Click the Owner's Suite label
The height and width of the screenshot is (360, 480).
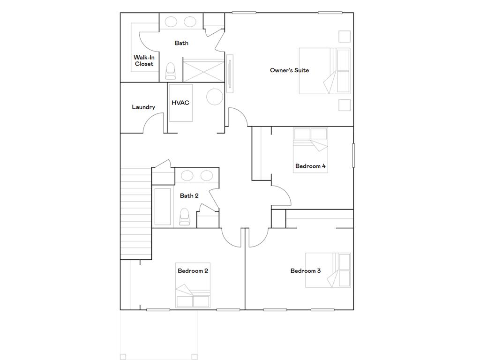click(289, 70)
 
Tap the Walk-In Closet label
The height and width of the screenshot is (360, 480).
click(144, 60)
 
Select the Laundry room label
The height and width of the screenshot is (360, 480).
click(143, 107)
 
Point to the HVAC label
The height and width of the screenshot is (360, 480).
click(180, 103)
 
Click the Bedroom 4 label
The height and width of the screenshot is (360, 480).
click(310, 166)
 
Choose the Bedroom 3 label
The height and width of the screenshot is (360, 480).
click(306, 271)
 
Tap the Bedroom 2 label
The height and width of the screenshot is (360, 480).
click(193, 271)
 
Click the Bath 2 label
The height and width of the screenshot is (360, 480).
click(189, 196)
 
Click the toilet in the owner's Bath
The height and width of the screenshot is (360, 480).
click(171, 71)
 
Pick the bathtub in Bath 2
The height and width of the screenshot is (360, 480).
click(163, 206)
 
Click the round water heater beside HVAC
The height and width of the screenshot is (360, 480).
click(215, 97)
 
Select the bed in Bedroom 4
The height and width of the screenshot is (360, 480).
click(310, 150)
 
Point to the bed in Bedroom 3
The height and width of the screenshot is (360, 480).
click(328, 270)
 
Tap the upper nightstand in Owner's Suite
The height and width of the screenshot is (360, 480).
click(344, 37)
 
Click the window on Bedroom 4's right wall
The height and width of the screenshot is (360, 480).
click(353, 155)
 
